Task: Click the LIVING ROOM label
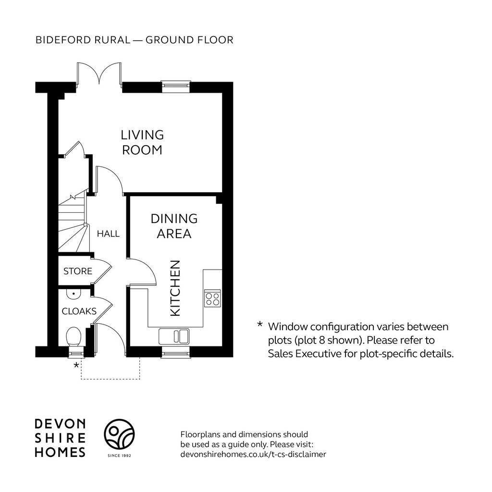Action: pyautogui.click(x=142, y=142)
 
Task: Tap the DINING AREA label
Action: pyautogui.click(x=174, y=226)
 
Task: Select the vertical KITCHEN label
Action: pyautogui.click(x=175, y=288)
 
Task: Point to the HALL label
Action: pyautogui.click(x=108, y=234)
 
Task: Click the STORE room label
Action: pyautogui.click(x=78, y=271)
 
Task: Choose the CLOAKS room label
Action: pyautogui.click(x=79, y=311)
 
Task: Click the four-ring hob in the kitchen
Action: pyautogui.click(x=212, y=298)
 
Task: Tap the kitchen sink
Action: pyautogui.click(x=174, y=336)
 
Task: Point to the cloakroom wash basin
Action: pyautogui.click(x=74, y=293)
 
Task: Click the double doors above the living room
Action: pyautogui.click(x=99, y=74)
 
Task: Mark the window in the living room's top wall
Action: pyautogui.click(x=176, y=86)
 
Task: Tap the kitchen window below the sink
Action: pyautogui.click(x=176, y=352)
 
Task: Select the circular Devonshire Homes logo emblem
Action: pyautogui.click(x=119, y=434)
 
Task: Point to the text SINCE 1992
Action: pyautogui.click(x=119, y=455)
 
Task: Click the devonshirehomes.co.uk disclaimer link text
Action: pyautogui.click(x=253, y=454)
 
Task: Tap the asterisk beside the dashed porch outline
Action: pyautogui.click(x=76, y=365)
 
